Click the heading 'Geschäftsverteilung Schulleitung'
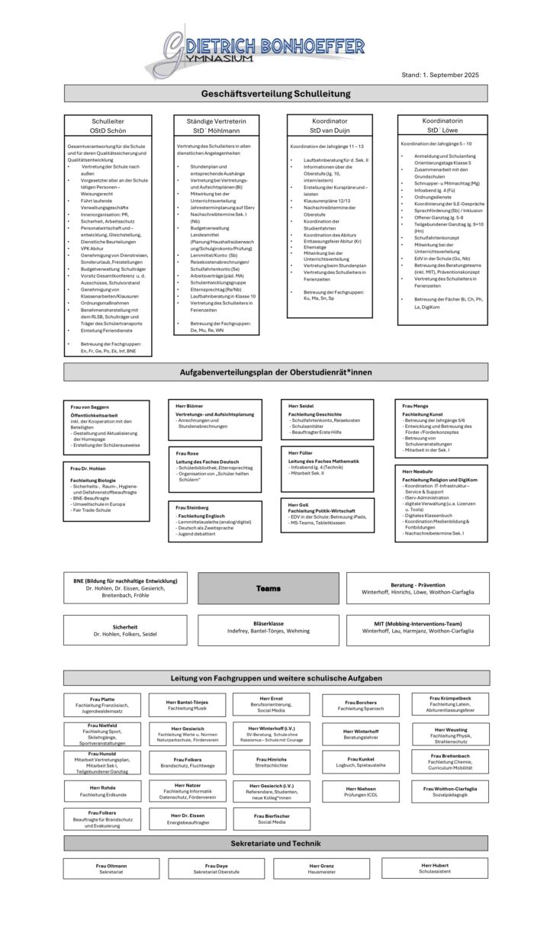pyautogui.click(x=275, y=94)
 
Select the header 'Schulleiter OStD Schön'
pyautogui.click(x=108, y=126)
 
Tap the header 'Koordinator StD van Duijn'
pyautogui.click(x=329, y=126)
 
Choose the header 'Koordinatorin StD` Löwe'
pyautogui.click(x=442, y=125)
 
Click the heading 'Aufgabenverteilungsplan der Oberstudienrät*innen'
pyautogui.click(x=275, y=372)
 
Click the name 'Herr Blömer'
pyautogui.click(x=190, y=406)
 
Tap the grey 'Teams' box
pyautogui.click(x=268, y=588)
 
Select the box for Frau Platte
pyautogui.click(x=102, y=704)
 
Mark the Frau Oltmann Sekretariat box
pyautogui.click(x=111, y=869)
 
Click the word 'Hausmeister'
pyautogui.click(x=322, y=871)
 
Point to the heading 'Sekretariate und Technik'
pyautogui.click(x=275, y=844)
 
